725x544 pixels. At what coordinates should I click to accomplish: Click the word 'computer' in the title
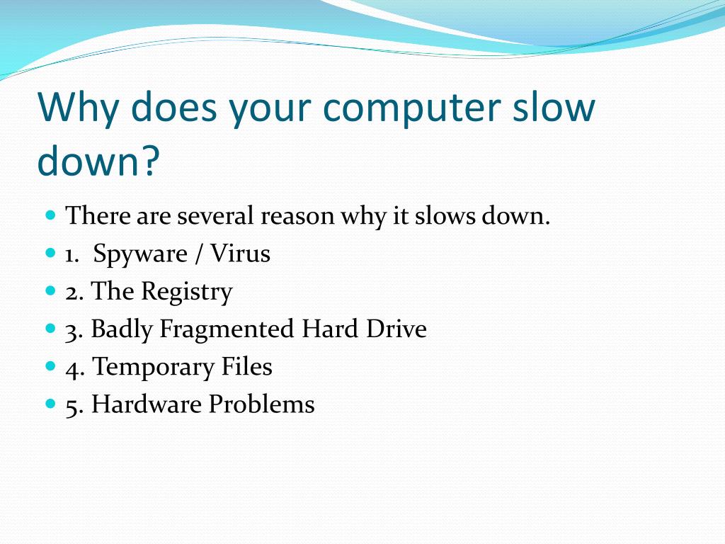point(404,110)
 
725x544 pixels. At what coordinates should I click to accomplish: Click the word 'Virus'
point(240,253)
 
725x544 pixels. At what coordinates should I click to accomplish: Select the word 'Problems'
point(261,404)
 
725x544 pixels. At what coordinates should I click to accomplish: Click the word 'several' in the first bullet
point(215,215)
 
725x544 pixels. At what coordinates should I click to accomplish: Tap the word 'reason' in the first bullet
point(297,215)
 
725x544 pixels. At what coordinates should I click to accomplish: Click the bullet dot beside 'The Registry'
point(50,290)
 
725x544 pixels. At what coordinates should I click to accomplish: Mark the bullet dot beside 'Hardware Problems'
point(50,403)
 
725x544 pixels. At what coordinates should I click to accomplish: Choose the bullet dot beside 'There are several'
point(50,214)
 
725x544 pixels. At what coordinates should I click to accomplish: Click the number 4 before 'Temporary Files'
point(72,368)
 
